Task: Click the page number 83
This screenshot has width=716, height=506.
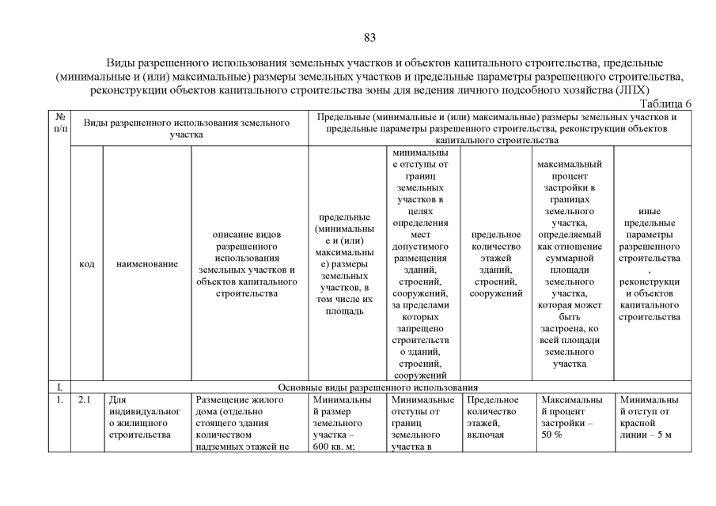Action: (x=369, y=37)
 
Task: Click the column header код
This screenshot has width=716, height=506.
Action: (x=87, y=264)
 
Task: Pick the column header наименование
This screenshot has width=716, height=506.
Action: (x=146, y=264)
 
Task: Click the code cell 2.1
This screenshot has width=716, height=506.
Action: (x=86, y=400)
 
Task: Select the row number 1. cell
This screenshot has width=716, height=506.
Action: (x=59, y=400)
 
